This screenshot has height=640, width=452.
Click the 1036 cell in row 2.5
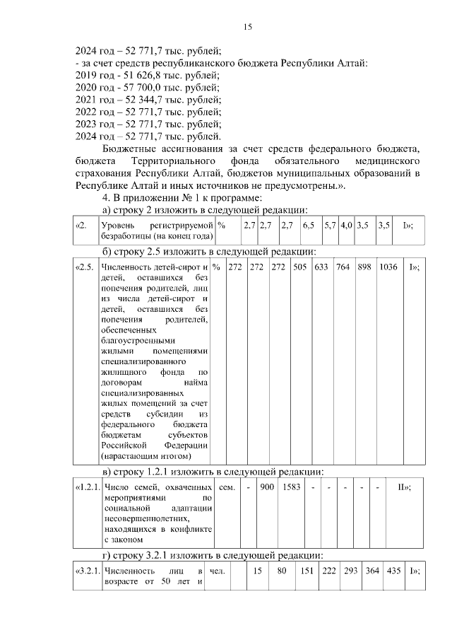click(x=388, y=267)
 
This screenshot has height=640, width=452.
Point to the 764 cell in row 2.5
click(x=343, y=267)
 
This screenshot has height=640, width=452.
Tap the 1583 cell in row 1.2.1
click(x=290, y=487)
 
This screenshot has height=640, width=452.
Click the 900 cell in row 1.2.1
click(x=267, y=487)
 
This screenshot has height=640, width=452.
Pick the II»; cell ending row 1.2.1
click(x=405, y=487)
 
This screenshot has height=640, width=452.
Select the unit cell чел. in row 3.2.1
click(x=219, y=571)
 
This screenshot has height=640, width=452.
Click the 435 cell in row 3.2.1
click(x=393, y=571)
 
